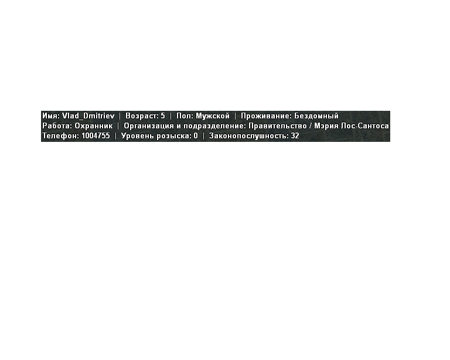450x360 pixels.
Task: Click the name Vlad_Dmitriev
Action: [88, 116]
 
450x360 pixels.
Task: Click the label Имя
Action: [51, 116]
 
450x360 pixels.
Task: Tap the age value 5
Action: [163, 116]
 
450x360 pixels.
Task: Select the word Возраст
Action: [142, 117]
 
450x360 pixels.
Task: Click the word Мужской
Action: [213, 116]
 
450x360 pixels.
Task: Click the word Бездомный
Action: [316, 116]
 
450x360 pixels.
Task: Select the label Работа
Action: [57, 126]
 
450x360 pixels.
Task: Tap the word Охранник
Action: [94, 126]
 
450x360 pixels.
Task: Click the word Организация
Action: [149, 126]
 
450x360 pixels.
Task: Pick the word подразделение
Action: [214, 126]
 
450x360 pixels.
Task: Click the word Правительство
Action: [278, 126]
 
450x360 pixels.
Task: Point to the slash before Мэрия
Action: [311, 126]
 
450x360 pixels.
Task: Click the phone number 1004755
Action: [96, 136]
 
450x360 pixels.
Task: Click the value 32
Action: [295, 136]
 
